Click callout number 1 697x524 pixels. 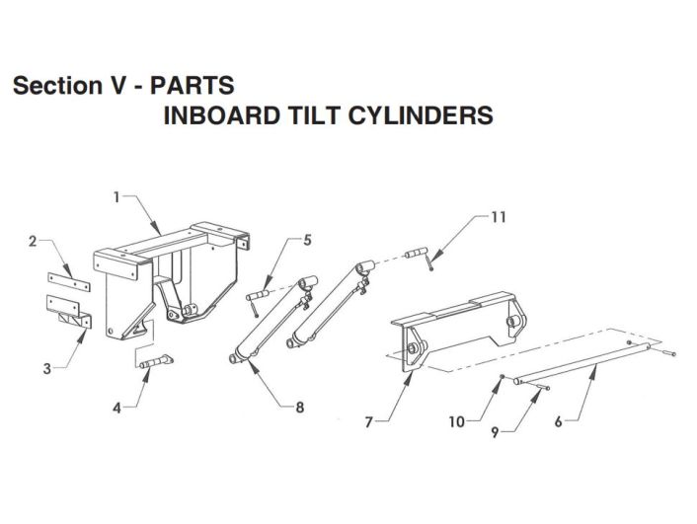(116, 197)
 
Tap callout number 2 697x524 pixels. (33, 242)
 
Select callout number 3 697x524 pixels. (47, 368)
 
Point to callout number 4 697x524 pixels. (116, 408)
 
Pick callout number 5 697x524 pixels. (307, 240)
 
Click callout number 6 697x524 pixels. (559, 421)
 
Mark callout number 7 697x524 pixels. (368, 421)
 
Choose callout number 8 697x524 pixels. (300, 408)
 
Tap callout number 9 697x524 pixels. (496, 432)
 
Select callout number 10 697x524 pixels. (457, 421)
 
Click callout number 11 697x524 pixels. (499, 217)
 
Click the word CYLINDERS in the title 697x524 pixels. (421, 115)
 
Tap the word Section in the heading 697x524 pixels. (58, 85)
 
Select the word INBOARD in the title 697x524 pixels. (222, 115)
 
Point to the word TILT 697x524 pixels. (314, 115)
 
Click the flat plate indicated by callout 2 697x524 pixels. (69, 282)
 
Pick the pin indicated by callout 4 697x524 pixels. (156, 361)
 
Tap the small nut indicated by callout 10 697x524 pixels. (502, 377)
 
